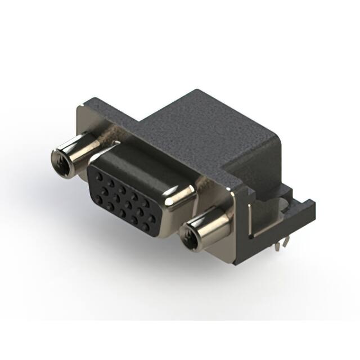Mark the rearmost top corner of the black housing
click(195, 90)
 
